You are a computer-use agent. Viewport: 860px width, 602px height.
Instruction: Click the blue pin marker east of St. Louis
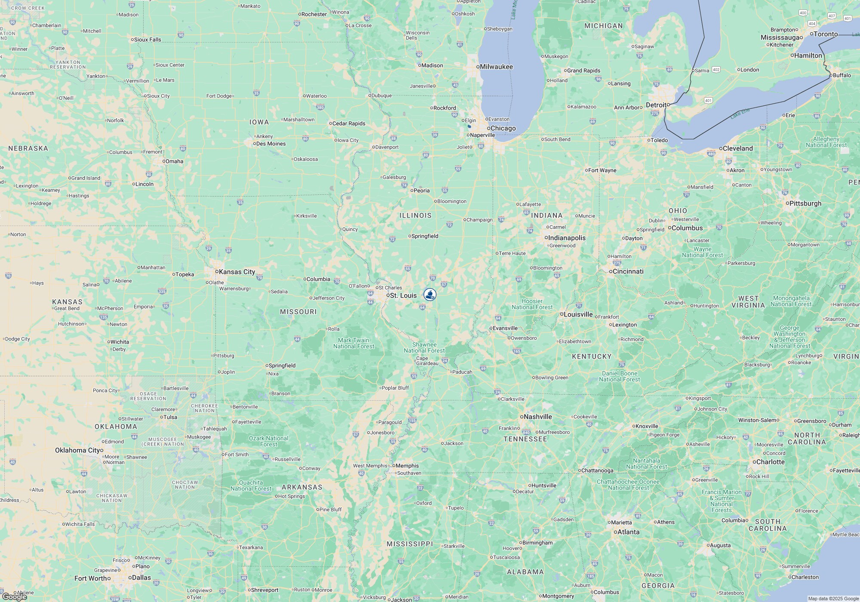pyautogui.click(x=430, y=295)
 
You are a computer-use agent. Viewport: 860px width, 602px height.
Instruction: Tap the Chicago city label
pyautogui.click(x=503, y=128)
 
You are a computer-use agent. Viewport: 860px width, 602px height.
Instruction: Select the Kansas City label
pyautogui.click(x=236, y=272)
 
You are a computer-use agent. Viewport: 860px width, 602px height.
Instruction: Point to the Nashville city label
pyautogui.click(x=537, y=417)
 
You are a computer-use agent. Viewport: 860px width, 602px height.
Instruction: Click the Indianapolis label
pyautogui.click(x=567, y=238)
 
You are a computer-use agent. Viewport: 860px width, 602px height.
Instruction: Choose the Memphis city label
pyautogui.click(x=407, y=466)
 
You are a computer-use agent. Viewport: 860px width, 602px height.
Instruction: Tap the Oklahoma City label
pyautogui.click(x=77, y=450)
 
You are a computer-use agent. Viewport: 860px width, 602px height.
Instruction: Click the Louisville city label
pyautogui.click(x=578, y=314)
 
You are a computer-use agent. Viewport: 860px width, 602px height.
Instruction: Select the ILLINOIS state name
pyautogui.click(x=415, y=215)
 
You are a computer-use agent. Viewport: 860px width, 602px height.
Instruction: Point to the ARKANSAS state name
pyautogui.click(x=302, y=487)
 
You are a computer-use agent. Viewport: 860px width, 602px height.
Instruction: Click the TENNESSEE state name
pyautogui.click(x=525, y=439)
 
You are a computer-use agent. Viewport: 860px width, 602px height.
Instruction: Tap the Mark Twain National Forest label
pyautogui.click(x=353, y=343)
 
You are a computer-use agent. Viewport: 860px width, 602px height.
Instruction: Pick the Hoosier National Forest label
pyautogui.click(x=532, y=304)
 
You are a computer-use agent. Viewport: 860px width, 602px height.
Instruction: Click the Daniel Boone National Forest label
pyautogui.click(x=620, y=376)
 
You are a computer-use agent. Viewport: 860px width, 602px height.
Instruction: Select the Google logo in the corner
pyautogui.click(x=14, y=596)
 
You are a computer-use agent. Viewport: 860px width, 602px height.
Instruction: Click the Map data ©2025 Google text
pyautogui.click(x=833, y=599)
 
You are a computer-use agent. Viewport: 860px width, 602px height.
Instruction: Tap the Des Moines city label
pyautogui.click(x=271, y=144)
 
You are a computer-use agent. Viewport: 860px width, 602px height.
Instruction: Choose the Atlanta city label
pyautogui.click(x=628, y=532)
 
